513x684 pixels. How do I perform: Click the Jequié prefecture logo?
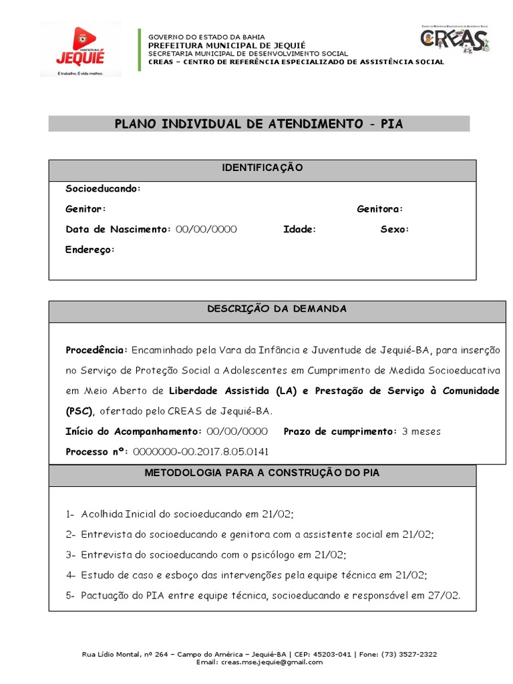tap(81, 49)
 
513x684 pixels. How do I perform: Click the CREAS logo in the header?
tap(455, 39)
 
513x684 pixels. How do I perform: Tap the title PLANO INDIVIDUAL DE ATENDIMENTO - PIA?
tap(259, 124)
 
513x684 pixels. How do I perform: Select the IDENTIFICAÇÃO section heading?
tap(263, 168)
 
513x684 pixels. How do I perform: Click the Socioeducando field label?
tap(103, 189)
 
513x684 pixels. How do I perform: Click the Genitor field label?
tap(85, 209)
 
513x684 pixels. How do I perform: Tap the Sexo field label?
tap(395, 229)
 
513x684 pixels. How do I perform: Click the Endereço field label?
tap(90, 250)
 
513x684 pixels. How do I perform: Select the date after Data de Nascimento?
tap(206, 229)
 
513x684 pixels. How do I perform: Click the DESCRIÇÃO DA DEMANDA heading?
tap(277, 309)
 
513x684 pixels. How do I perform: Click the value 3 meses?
tap(421, 432)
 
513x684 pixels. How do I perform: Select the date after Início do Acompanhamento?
tap(237, 432)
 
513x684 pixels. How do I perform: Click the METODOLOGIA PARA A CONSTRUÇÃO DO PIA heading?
tap(263, 473)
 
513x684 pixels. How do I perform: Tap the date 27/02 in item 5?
tap(446, 595)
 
